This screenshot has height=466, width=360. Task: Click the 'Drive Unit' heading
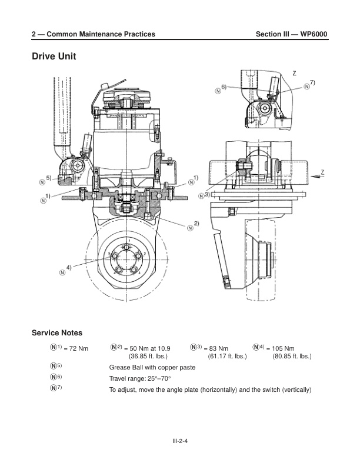[x=54, y=57]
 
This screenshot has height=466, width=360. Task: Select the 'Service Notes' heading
[x=61, y=333]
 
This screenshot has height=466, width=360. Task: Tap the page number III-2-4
[x=180, y=438]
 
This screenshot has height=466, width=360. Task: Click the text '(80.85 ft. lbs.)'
[x=292, y=357]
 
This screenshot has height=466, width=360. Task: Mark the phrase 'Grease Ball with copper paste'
[x=152, y=367]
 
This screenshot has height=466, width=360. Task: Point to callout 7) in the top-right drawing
[x=312, y=83]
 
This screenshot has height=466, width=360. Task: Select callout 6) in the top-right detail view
[x=224, y=87]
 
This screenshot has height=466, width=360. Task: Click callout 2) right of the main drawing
[x=196, y=224]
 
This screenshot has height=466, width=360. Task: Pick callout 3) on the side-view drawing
[x=207, y=194]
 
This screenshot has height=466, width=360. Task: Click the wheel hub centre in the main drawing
[x=125, y=259]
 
